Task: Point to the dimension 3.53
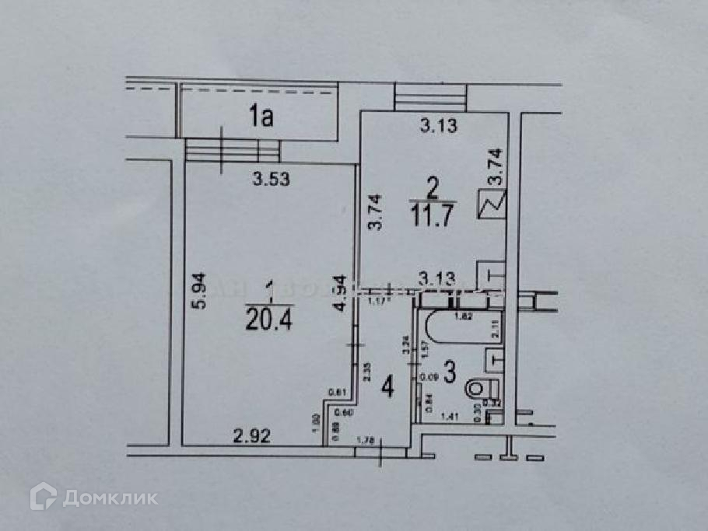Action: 272,180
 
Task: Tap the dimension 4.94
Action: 339,293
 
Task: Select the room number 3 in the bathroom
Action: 449,372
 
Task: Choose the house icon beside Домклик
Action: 44,497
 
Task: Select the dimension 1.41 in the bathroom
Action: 449,417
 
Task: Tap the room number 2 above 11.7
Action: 433,186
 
